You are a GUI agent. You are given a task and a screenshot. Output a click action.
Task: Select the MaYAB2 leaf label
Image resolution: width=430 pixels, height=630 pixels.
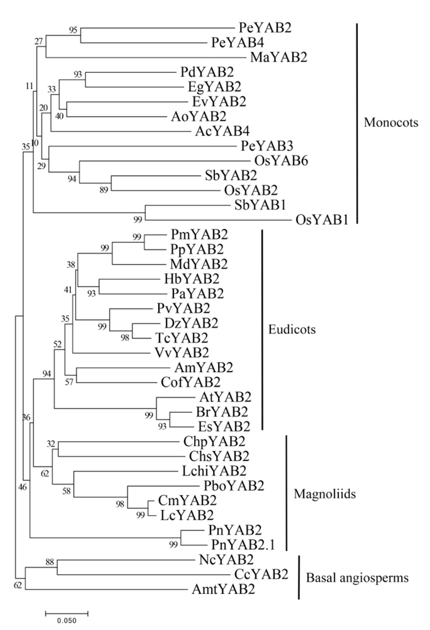coord(278,57)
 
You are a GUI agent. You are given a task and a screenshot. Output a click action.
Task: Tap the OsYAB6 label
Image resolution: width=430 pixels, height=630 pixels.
coord(281,161)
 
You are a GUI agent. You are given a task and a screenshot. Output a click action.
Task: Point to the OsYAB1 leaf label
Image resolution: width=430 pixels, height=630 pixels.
coord(322,220)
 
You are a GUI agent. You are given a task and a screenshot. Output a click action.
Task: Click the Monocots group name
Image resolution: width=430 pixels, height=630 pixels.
coord(391,123)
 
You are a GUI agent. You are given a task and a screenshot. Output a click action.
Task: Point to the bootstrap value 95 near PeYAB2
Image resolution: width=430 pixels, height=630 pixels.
coord(73,30)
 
